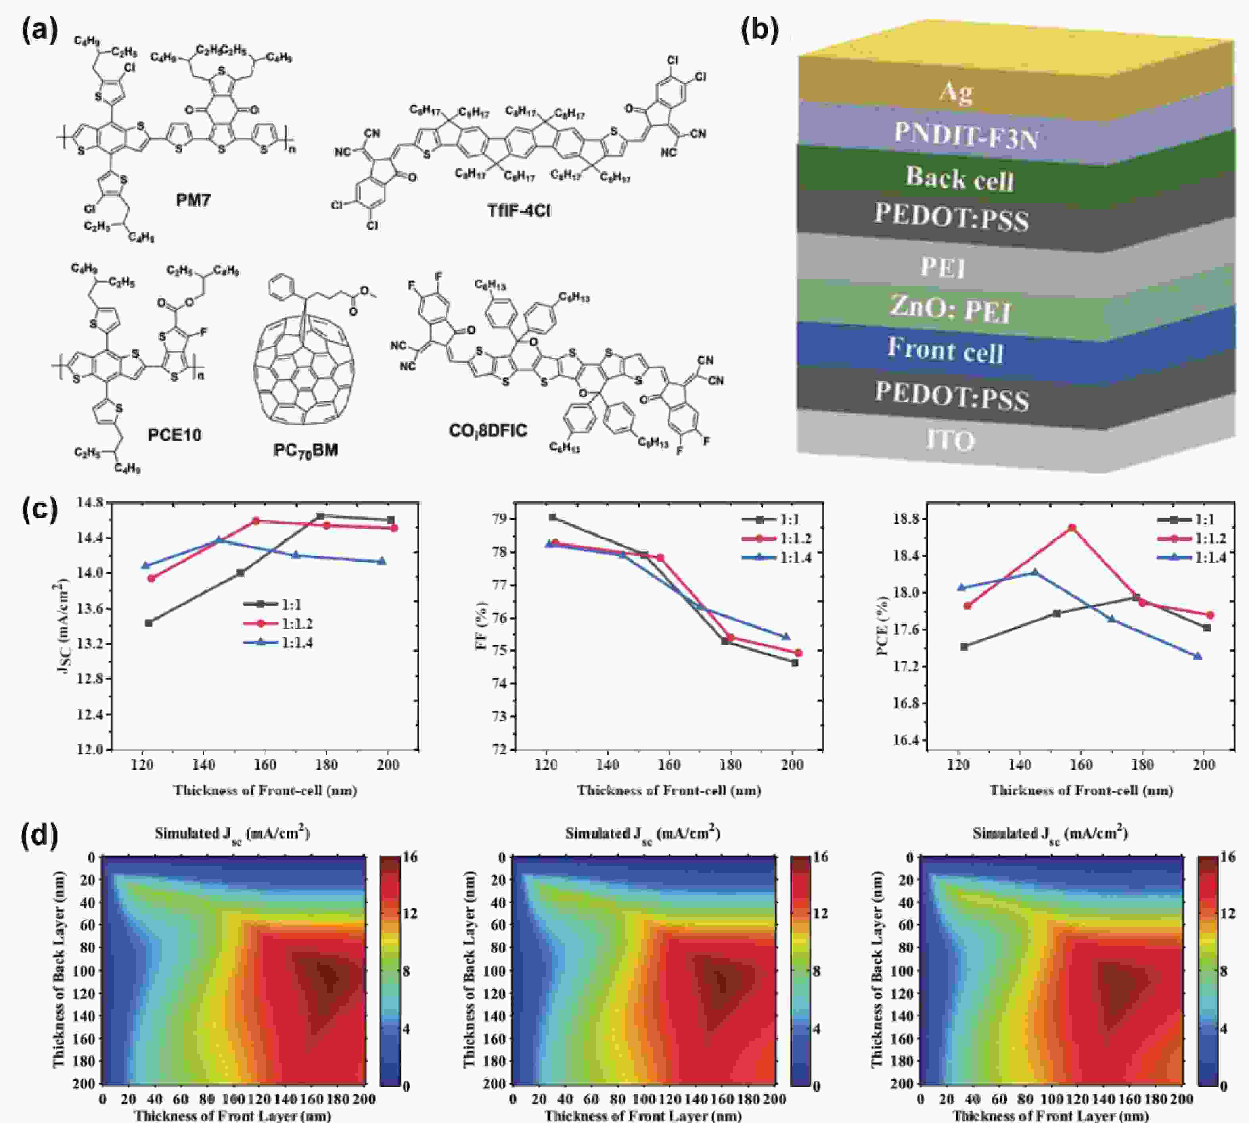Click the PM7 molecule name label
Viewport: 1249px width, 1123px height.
coord(193,201)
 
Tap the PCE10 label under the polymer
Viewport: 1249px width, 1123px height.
coord(174,435)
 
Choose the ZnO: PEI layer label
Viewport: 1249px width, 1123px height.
coord(950,309)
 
